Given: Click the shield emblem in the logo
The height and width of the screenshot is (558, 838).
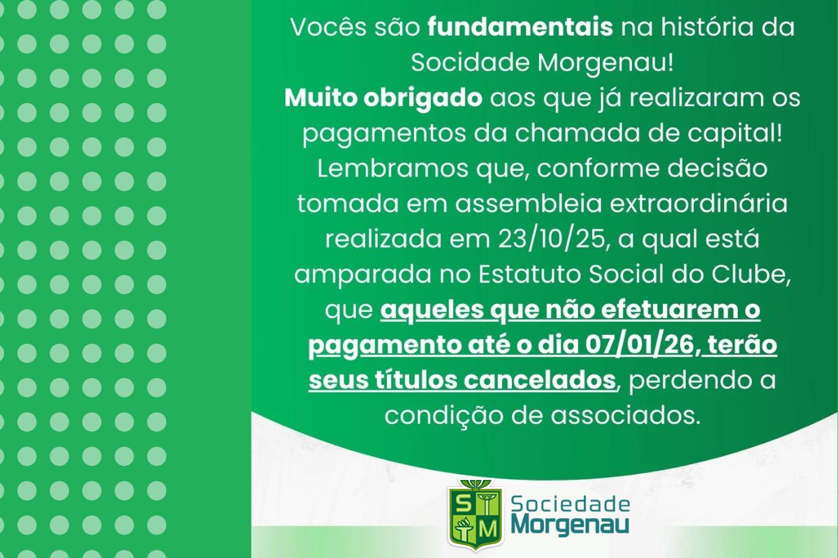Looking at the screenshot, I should tap(474, 515).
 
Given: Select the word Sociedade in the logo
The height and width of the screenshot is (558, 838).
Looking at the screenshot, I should tap(570, 504).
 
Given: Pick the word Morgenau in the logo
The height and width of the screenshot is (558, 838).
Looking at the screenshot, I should tap(570, 525).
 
